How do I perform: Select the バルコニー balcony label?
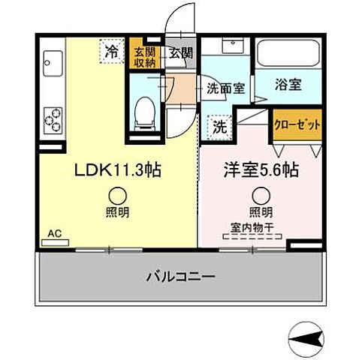point(180,277)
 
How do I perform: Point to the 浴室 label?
point(289,85)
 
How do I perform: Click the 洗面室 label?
point(225,88)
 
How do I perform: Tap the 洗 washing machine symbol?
point(219,127)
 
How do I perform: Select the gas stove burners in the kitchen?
point(53,117)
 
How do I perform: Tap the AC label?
point(54,233)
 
